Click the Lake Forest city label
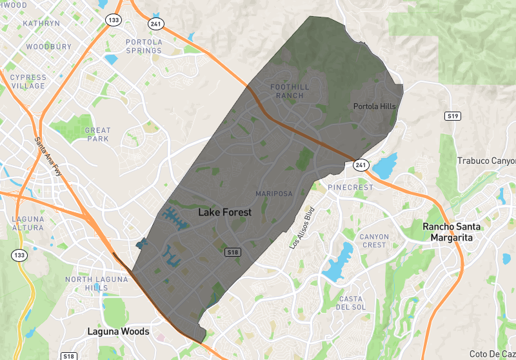224,212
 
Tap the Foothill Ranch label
286,91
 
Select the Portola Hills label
375,106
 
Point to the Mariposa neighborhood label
274,194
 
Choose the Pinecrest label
350,188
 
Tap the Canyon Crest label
374,241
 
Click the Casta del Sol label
351,302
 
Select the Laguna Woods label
118,332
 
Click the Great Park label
97,134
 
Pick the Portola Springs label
144,46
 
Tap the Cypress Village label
28,81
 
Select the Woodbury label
49,46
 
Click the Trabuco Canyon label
486,161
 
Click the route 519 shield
452,116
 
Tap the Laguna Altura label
28,223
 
